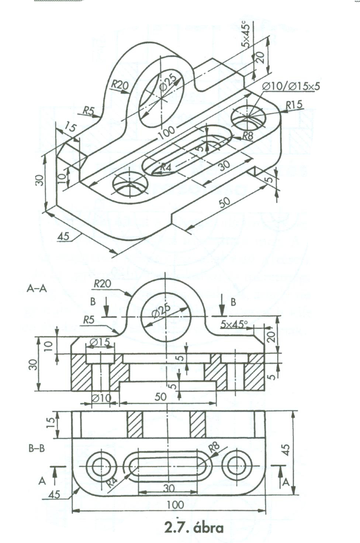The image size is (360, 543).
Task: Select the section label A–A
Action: click(x=37, y=289)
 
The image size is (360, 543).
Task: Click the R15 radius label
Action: click(x=294, y=105)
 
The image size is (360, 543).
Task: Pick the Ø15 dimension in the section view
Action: click(x=100, y=342)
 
